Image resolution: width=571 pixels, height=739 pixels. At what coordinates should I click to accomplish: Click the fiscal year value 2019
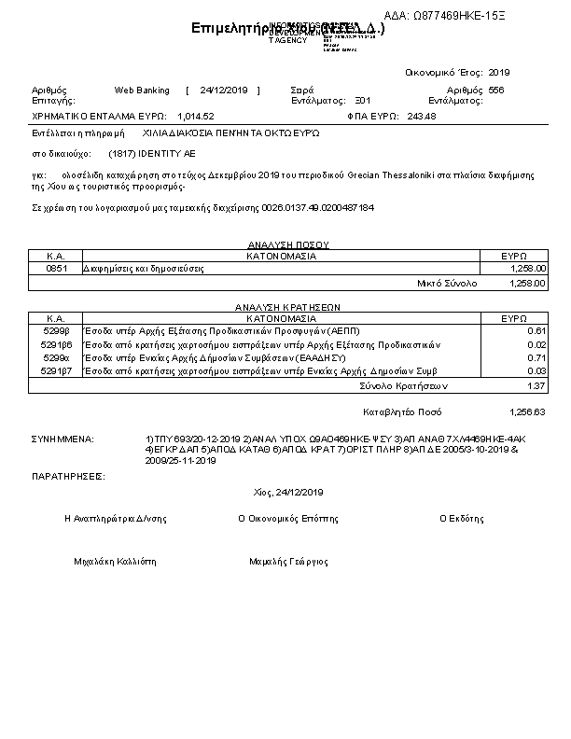pyautogui.click(x=499, y=72)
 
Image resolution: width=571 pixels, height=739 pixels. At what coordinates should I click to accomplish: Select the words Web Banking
pyautogui.click(x=142, y=91)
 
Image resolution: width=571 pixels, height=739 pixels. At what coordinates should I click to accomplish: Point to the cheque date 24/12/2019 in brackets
pyautogui.click(x=223, y=91)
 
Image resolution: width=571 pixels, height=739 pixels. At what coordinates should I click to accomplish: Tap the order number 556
pyautogui.click(x=496, y=91)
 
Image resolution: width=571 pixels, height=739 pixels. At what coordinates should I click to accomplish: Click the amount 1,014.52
pyautogui.click(x=195, y=116)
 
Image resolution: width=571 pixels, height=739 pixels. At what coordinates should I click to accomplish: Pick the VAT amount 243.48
pyautogui.click(x=423, y=116)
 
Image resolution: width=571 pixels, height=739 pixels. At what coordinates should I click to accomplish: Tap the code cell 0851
pyautogui.click(x=55, y=268)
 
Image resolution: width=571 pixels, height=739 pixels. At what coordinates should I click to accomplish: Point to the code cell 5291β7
pyautogui.click(x=55, y=370)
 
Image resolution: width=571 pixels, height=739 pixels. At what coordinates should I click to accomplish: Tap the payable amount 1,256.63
pyautogui.click(x=527, y=411)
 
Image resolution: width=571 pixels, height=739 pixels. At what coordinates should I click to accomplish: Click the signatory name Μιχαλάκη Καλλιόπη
pyautogui.click(x=116, y=563)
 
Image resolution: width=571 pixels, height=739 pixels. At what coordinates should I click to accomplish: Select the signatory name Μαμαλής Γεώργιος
pyautogui.click(x=289, y=563)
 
